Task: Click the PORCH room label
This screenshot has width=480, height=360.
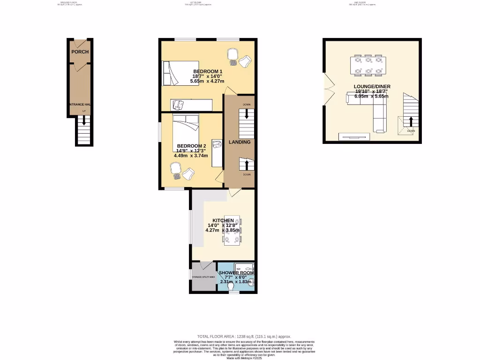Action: (80, 52)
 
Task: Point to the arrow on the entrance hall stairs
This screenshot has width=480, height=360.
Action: (84, 120)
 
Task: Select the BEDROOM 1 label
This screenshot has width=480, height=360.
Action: (208, 71)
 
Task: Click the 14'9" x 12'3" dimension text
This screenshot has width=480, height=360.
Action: (191, 150)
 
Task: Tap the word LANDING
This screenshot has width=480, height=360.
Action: (239, 142)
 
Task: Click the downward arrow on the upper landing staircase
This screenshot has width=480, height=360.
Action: (247, 115)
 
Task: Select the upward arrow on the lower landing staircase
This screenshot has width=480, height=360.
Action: (247, 165)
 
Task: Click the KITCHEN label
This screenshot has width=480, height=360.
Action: (223, 220)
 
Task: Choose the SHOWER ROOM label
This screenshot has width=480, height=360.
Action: (236, 273)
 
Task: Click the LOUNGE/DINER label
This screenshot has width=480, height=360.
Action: (372, 87)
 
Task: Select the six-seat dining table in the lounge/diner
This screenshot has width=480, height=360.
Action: (367, 65)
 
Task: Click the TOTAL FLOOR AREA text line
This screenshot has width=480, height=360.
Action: (244, 337)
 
